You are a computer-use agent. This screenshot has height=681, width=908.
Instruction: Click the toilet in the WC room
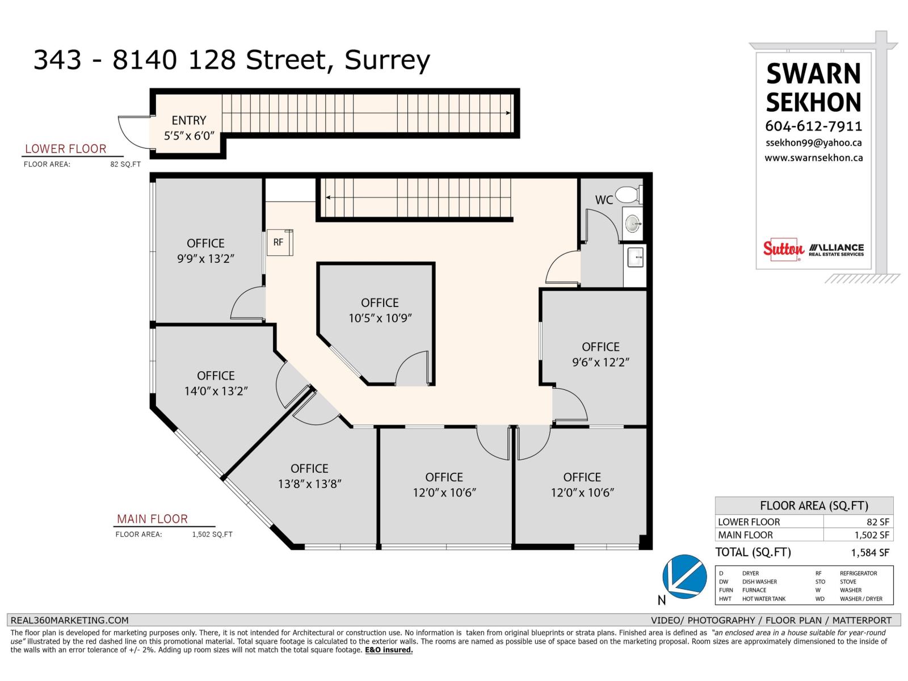629,195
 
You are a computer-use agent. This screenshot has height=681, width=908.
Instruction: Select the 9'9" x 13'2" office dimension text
205,259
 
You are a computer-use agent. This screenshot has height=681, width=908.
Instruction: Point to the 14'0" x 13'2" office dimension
216,391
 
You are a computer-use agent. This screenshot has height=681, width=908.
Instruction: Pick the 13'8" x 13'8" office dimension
309,484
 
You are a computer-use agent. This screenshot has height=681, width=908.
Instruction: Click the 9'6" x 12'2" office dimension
600,362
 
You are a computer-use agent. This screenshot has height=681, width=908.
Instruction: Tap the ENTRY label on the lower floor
189,120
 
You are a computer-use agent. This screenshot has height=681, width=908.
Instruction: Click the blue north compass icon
684,576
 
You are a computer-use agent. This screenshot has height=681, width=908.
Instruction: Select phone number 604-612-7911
813,126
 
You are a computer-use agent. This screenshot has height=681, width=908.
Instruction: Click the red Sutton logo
783,249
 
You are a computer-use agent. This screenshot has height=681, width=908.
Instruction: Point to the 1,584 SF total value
869,552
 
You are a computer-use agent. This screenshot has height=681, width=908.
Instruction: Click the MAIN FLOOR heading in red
152,519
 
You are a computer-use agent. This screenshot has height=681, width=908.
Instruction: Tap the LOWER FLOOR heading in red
66,149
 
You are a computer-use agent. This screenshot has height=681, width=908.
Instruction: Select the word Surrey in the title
387,60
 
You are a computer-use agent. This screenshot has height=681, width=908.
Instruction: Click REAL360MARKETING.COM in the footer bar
69,620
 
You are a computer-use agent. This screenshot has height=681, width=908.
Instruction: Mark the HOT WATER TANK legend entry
763,599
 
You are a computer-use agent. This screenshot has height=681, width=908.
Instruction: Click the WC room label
604,200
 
